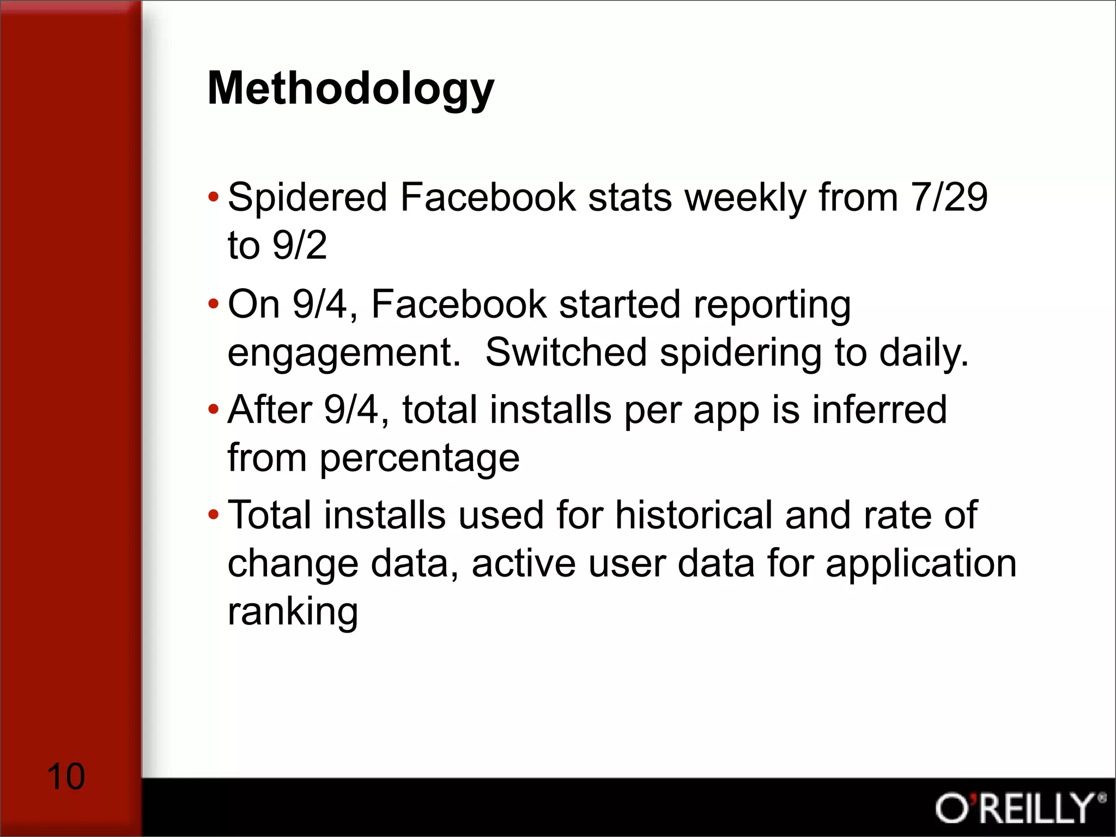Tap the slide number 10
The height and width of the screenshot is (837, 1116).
point(66,777)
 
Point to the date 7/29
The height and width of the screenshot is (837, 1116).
point(949,197)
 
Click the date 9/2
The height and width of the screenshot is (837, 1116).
point(299,245)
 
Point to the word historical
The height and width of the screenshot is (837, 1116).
point(693,515)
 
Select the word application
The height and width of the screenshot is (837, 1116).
point(921,564)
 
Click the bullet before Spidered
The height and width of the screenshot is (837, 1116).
point(213,196)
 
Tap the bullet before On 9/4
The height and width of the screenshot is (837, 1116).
point(213,304)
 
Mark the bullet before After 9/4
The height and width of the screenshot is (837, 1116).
point(213,409)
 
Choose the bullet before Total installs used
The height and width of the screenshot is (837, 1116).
point(213,514)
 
